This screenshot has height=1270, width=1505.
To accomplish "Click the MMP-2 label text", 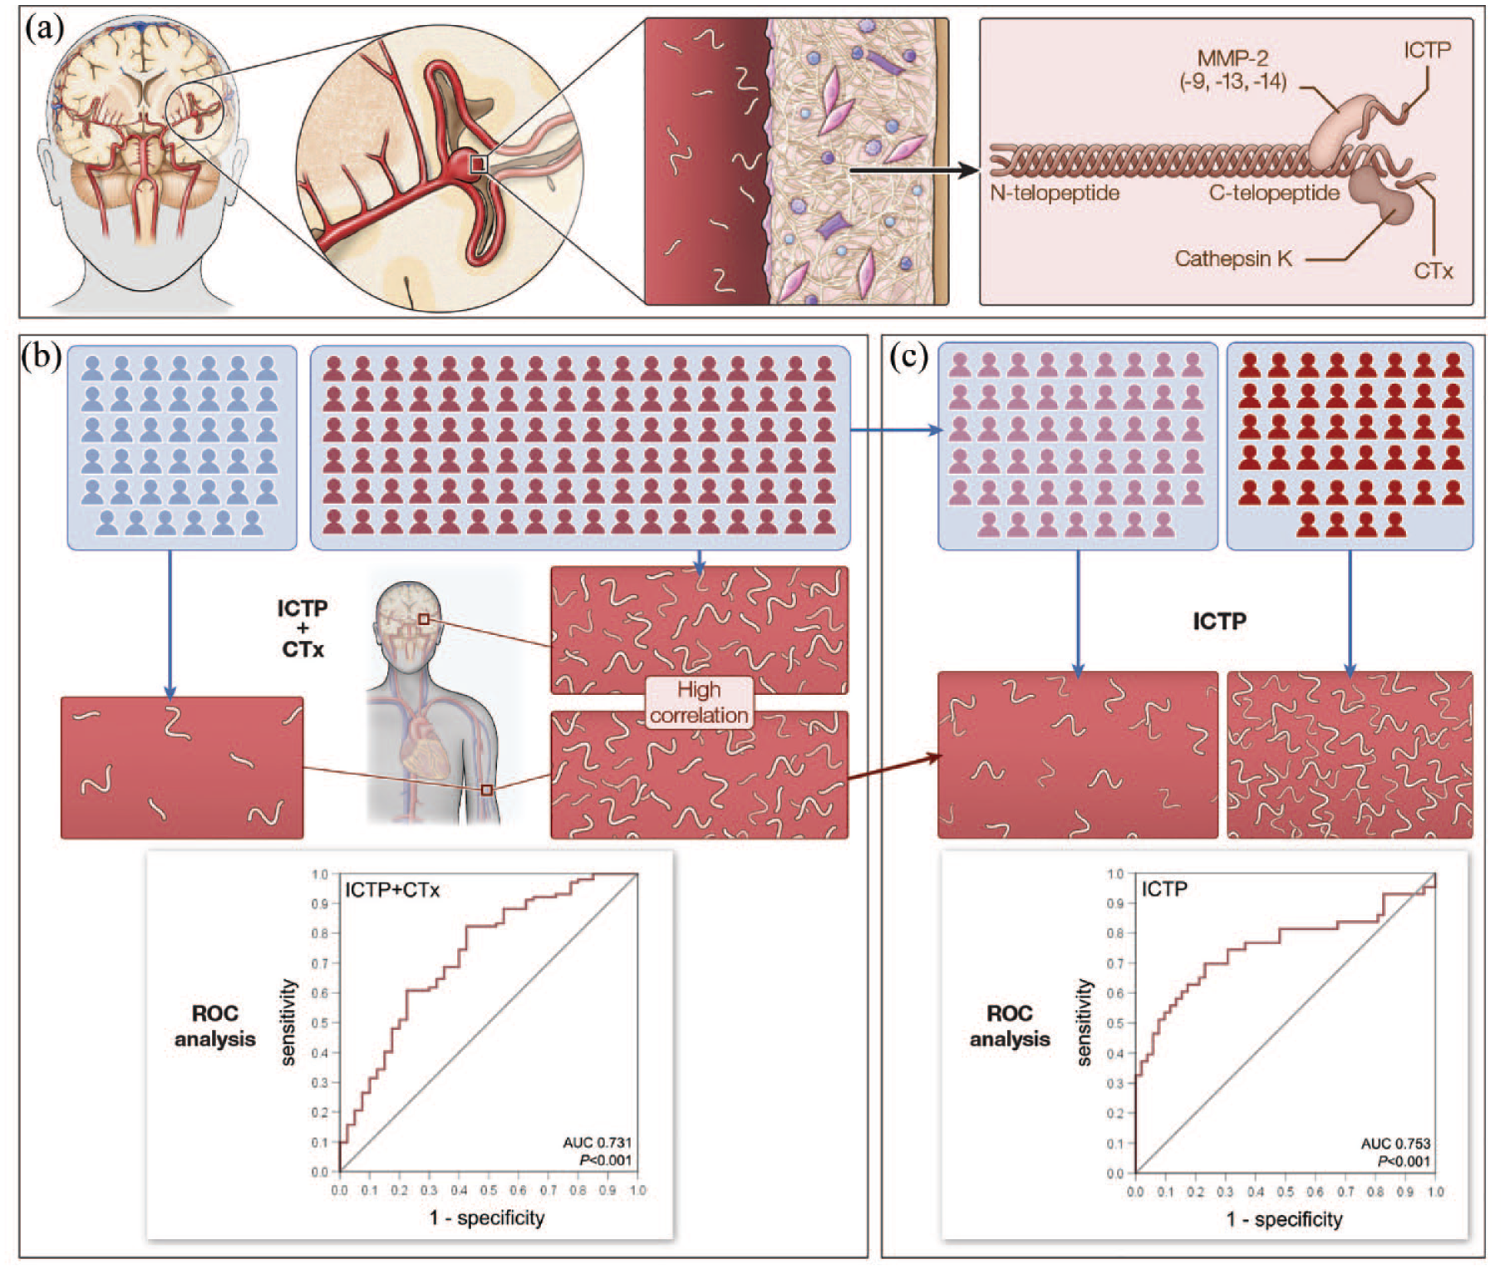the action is (1232, 58).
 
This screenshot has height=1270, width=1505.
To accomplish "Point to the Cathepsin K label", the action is (1233, 258).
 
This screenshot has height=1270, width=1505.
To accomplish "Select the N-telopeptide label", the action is (1055, 193).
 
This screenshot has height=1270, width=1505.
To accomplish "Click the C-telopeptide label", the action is (1274, 193).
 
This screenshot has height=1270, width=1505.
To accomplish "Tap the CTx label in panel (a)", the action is (1434, 271).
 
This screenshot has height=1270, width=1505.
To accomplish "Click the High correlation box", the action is (699, 702).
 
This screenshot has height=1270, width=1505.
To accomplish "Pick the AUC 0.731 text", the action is (597, 1142).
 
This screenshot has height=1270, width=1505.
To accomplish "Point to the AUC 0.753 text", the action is (1395, 1144).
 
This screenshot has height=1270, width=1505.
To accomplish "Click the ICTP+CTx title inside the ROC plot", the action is (392, 890).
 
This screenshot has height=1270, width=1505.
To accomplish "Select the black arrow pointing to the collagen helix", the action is (914, 170).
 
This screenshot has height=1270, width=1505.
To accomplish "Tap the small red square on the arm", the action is (487, 790).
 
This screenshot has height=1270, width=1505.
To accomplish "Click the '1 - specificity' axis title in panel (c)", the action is (1284, 1219).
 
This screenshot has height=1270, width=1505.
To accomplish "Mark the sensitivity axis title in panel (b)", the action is (288, 1022).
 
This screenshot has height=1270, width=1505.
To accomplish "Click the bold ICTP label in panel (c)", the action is (1219, 621).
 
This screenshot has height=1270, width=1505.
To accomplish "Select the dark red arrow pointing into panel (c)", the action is (895, 767).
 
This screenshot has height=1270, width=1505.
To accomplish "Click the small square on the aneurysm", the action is (478, 165).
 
